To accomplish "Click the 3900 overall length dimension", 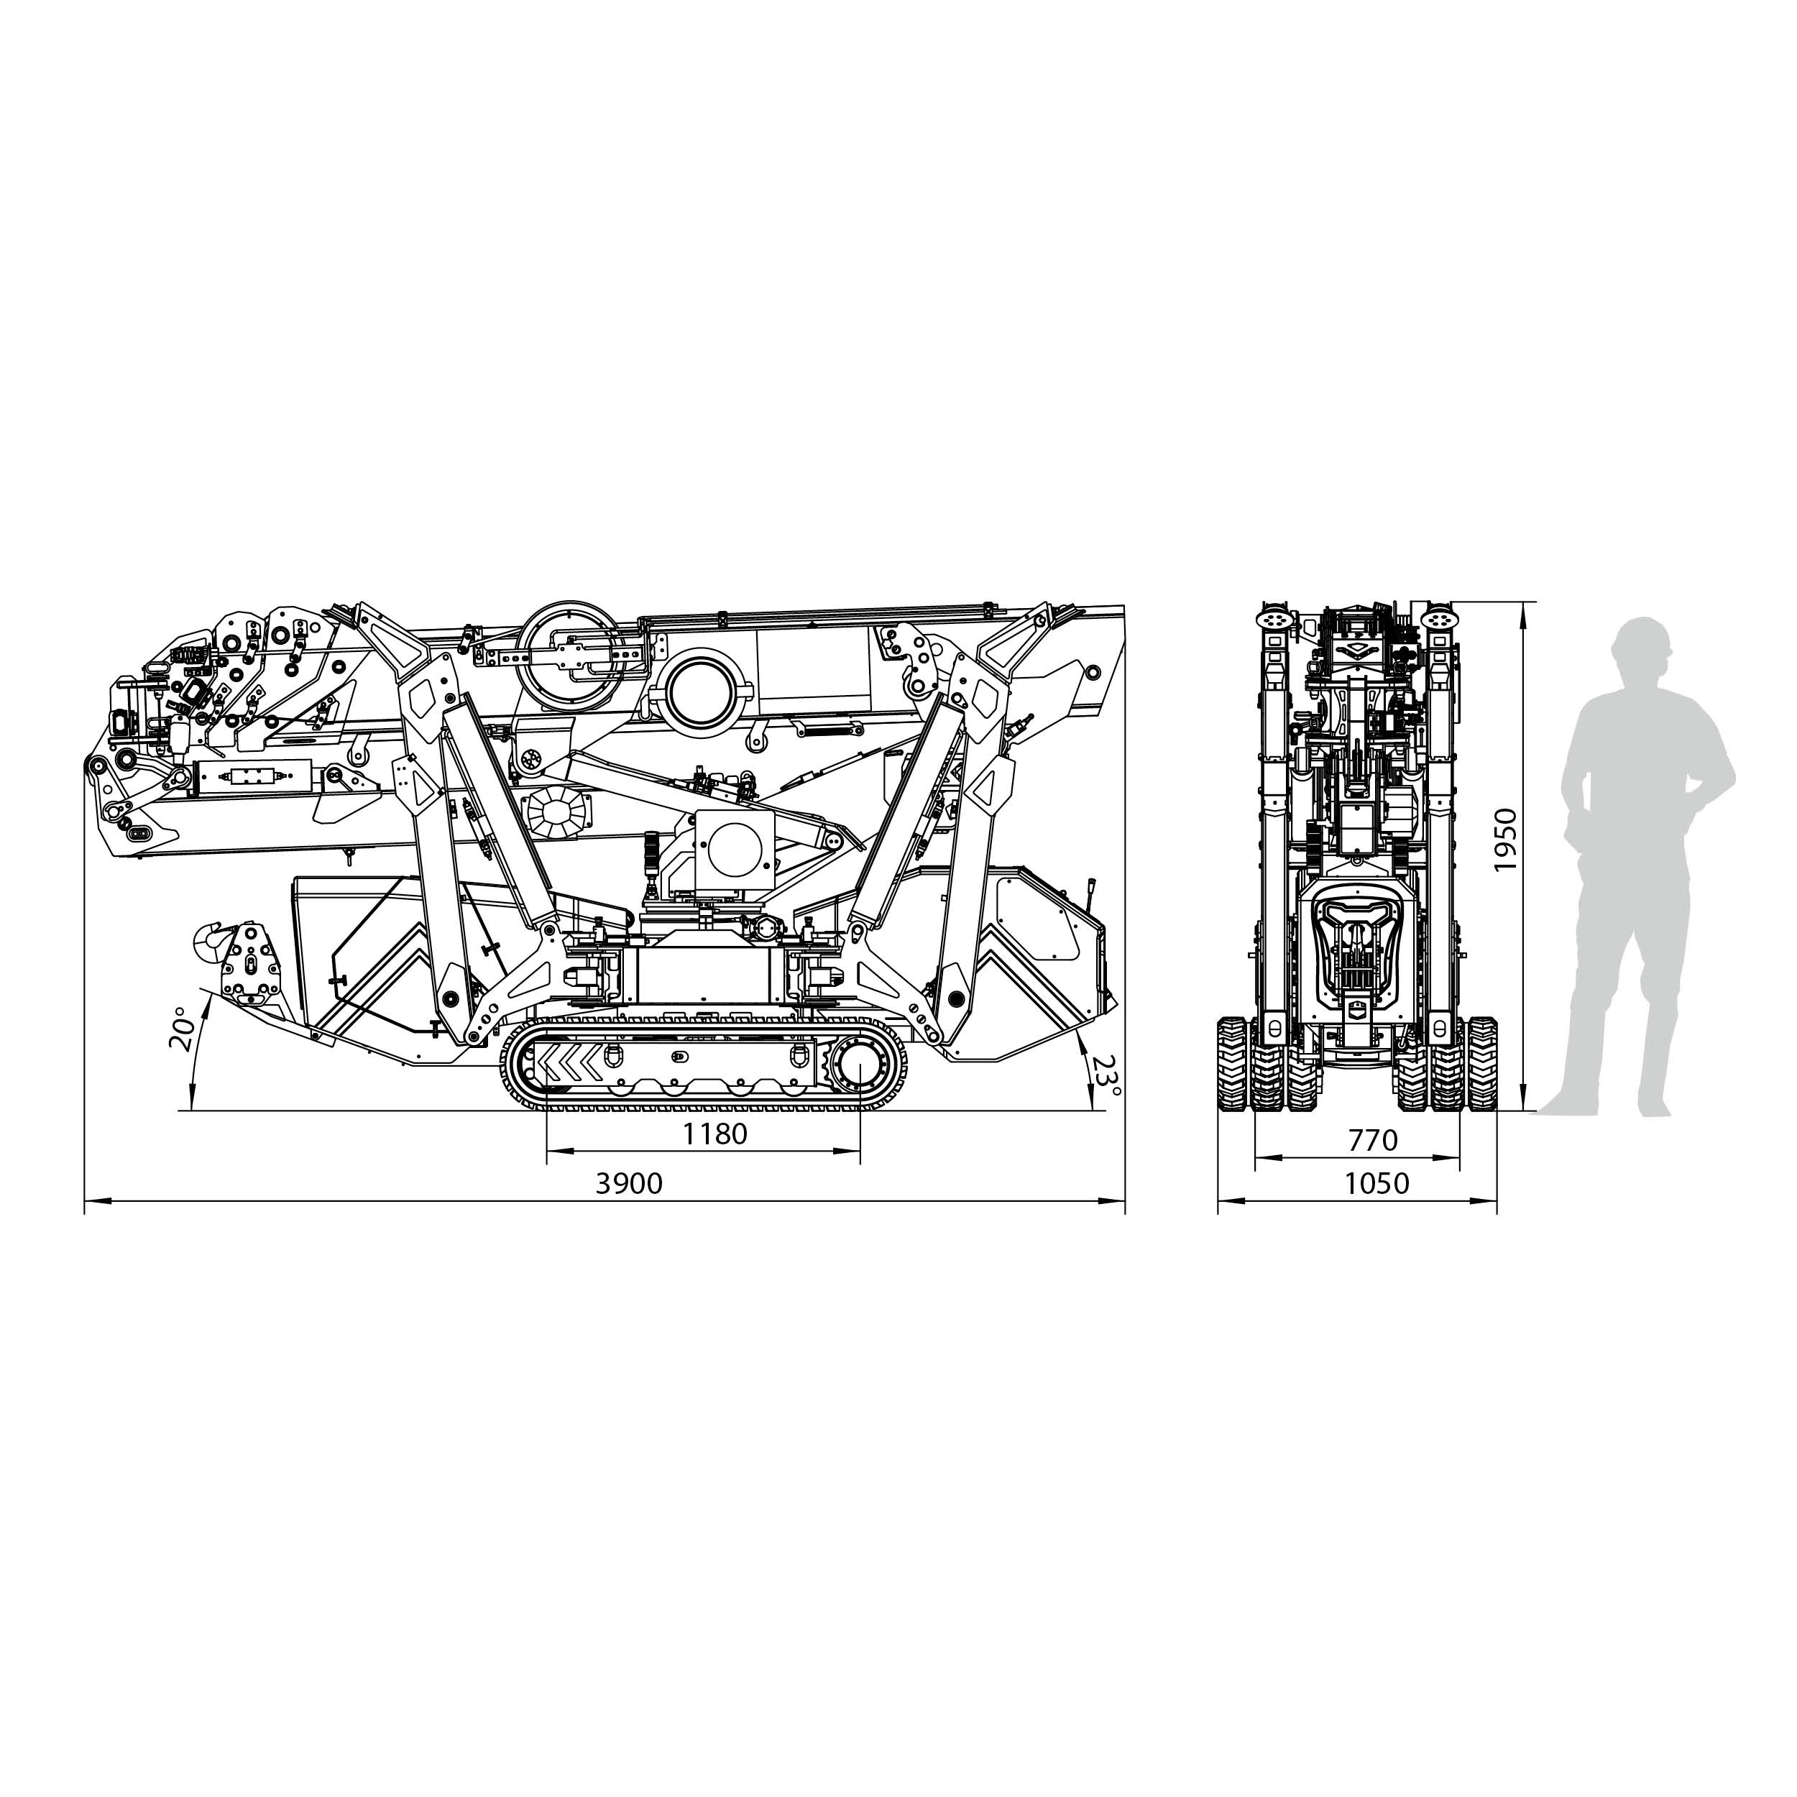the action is point(629,1183).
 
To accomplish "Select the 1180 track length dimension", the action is point(715,1134).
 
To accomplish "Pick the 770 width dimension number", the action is point(1372,1139).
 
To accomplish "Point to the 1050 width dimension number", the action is point(1377,1183).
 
